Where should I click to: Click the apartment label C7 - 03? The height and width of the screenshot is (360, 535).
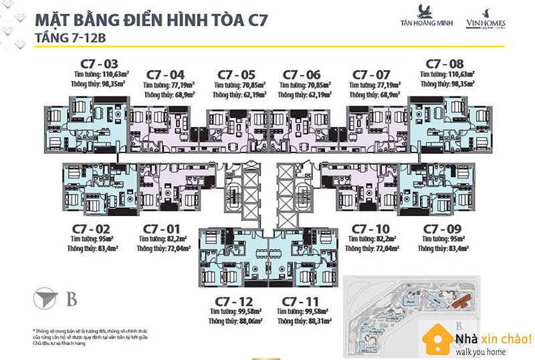pos(94,64)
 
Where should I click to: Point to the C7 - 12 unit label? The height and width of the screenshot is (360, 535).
pos(234,302)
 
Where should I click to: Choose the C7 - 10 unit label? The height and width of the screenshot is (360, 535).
pos(370,229)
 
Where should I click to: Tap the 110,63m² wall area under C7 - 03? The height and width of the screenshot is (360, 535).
pos(108,74)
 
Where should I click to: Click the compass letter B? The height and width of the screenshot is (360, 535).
pos(72,299)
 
